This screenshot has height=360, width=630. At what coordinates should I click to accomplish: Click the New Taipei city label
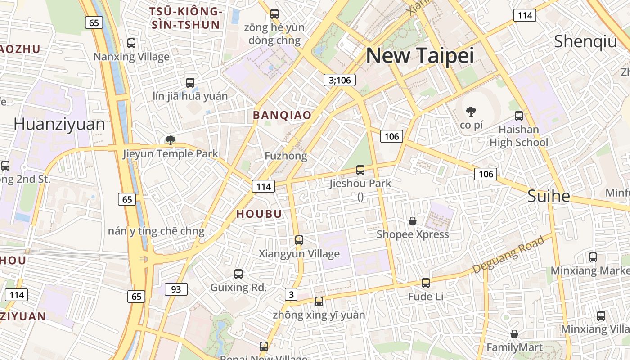pyautogui.click(x=420, y=56)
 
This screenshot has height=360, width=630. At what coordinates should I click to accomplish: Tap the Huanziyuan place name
pyautogui.click(x=59, y=124)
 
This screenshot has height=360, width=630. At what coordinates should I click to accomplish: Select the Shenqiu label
pyautogui.click(x=585, y=41)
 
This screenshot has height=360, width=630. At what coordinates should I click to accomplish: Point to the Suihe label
pyautogui.click(x=549, y=196)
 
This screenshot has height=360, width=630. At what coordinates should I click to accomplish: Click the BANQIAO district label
pyautogui.click(x=282, y=115)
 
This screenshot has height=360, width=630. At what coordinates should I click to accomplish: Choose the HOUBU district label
pyautogui.click(x=259, y=214)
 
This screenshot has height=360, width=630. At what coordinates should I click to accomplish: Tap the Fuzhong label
pyautogui.click(x=286, y=156)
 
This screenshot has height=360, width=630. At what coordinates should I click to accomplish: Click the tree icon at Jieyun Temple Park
pyautogui.click(x=170, y=140)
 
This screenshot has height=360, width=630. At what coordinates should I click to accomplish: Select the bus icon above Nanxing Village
pyautogui.click(x=131, y=43)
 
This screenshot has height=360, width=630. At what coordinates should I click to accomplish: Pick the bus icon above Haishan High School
pyautogui.click(x=519, y=116)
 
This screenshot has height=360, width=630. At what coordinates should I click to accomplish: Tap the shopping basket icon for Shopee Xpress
pyautogui.click(x=412, y=221)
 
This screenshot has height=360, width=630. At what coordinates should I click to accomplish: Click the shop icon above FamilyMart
pyautogui.click(x=514, y=334)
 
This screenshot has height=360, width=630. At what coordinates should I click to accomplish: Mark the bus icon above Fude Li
pyautogui.click(x=426, y=283)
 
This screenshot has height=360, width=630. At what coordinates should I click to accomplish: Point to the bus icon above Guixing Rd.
pyautogui.click(x=238, y=274)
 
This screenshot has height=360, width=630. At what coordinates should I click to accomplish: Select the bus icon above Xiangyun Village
pyautogui.click(x=299, y=240)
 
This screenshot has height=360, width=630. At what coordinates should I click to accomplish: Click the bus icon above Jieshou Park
pyautogui.click(x=360, y=170)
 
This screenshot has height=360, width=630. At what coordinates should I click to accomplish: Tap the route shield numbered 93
pyautogui.click(x=176, y=289)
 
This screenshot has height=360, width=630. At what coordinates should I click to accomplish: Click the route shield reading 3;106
pyautogui.click(x=340, y=80)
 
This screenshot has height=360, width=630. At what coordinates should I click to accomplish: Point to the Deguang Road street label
pyautogui.click(x=508, y=255)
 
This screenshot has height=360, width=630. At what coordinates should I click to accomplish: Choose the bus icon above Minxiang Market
pyautogui.click(x=593, y=257)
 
